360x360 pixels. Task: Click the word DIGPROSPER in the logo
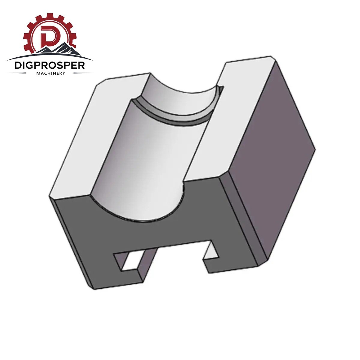tap(50, 65)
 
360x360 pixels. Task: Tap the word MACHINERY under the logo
tap(51, 73)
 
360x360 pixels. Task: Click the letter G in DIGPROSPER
tap(31, 65)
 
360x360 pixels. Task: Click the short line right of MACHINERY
tap(82, 73)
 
